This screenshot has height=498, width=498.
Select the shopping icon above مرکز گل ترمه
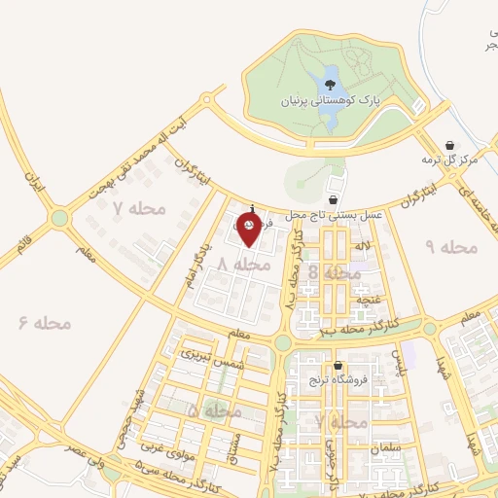(x=449, y=142)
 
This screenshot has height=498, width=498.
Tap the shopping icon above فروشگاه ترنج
(x=338, y=367)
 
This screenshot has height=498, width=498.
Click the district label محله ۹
(x=450, y=247)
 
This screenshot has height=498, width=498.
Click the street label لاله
(x=364, y=251)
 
